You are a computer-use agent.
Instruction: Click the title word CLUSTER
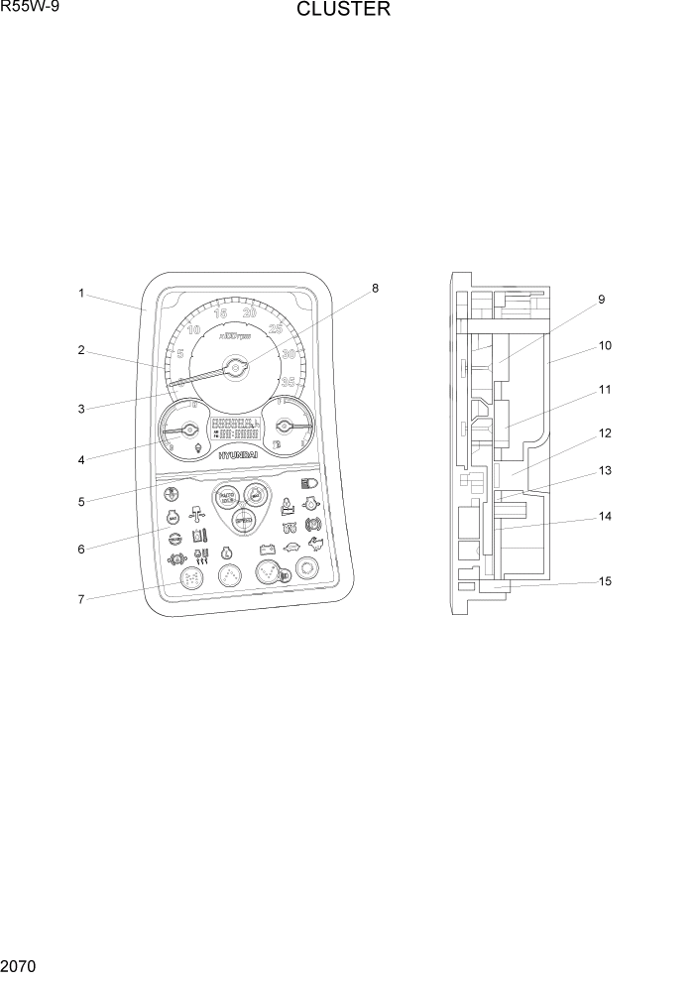click(x=343, y=11)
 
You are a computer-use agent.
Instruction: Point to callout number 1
click(x=82, y=294)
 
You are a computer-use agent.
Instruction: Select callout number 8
click(x=375, y=289)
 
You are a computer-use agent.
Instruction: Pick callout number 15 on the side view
click(x=605, y=581)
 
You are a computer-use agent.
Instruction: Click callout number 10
click(x=605, y=346)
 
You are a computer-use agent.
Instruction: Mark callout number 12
click(x=605, y=433)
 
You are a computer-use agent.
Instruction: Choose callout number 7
click(x=82, y=598)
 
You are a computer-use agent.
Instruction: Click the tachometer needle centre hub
click(x=236, y=368)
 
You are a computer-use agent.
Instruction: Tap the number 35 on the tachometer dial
click(x=289, y=381)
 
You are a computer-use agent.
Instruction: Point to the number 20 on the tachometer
click(x=250, y=313)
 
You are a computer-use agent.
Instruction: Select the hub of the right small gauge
click(x=285, y=426)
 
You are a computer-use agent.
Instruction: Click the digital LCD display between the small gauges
click(x=235, y=429)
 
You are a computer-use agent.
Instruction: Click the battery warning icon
click(x=266, y=548)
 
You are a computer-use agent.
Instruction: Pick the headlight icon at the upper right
click(x=307, y=483)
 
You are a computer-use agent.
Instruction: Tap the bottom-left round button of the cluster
click(x=188, y=576)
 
